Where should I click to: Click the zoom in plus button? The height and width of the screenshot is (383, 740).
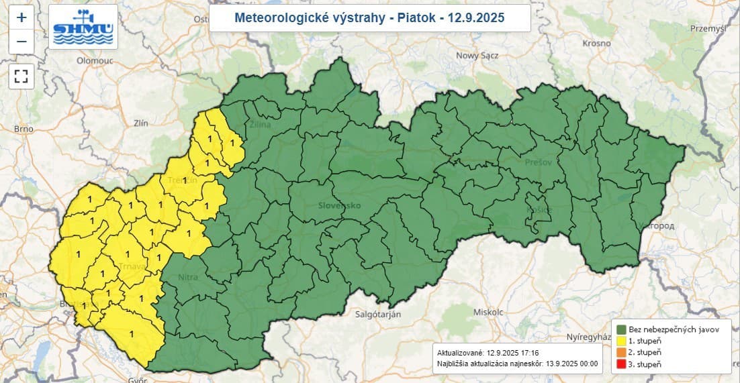pyautogui.click(x=21, y=17)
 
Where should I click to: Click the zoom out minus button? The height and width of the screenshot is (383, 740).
pyautogui.click(x=21, y=42)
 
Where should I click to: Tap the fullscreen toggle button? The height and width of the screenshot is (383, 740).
pyautogui.click(x=21, y=76)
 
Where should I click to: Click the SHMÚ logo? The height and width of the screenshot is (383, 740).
pyautogui.click(x=84, y=26)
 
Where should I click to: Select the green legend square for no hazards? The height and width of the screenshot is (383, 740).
pyautogui.click(x=621, y=329)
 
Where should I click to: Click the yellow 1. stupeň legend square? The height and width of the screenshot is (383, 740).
pyautogui.click(x=621, y=341)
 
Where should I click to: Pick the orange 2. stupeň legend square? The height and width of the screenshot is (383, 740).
pyautogui.click(x=621, y=352)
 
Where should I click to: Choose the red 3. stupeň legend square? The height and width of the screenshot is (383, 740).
pyautogui.click(x=621, y=364)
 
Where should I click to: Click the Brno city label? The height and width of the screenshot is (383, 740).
pyautogui.click(x=24, y=128)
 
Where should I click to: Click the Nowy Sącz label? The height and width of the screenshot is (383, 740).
pyautogui.click(x=476, y=56)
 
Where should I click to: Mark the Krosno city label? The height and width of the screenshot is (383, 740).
pyautogui.click(x=597, y=42)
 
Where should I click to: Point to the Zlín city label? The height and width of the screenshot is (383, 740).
pyautogui.click(x=140, y=123)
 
